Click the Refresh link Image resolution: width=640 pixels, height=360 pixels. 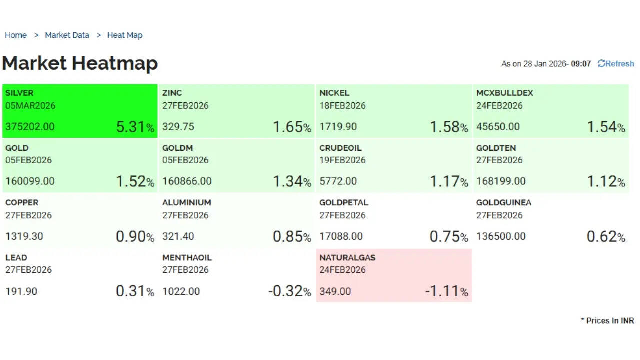[616, 64]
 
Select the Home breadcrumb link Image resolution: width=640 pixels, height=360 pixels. [16, 35]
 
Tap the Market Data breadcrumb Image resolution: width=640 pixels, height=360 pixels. [67, 35]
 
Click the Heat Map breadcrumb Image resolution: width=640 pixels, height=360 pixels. [125, 35]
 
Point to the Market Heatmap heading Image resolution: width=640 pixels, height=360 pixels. [80, 63]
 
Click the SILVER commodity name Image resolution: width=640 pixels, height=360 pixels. [19, 93]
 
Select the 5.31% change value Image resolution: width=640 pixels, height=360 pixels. [135, 127]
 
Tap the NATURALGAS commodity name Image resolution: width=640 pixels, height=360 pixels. [348, 258]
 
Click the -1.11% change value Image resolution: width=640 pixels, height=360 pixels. [446, 291]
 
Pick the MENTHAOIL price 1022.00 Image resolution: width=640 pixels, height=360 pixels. [181, 291]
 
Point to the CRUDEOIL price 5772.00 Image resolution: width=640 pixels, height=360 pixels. [338, 181]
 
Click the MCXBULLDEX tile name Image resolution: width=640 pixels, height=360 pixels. [505, 93]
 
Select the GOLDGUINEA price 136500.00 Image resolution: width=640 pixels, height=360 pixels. [501, 236]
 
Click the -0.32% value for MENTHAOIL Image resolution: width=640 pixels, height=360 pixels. [289, 291]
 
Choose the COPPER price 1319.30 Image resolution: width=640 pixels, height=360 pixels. [24, 236]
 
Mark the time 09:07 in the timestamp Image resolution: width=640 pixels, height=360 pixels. [581, 64]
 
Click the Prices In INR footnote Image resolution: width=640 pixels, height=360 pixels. [607, 321]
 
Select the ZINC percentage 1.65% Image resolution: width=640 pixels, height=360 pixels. [292, 127]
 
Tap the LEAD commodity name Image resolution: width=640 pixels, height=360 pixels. [16, 258]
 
